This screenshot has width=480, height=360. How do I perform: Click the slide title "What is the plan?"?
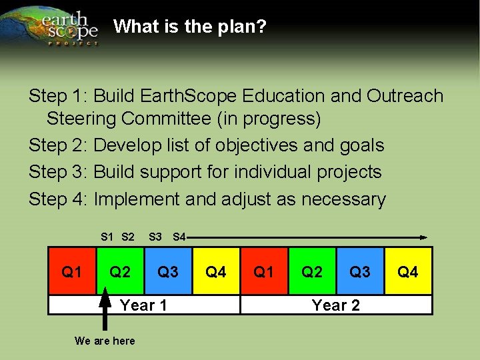[x=190, y=27]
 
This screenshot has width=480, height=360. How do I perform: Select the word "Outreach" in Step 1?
[x=405, y=96]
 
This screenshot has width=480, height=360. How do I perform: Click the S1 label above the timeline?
[x=107, y=237]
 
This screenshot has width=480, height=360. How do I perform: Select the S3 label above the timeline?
[x=155, y=237]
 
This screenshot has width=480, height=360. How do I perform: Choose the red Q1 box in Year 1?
[x=72, y=271]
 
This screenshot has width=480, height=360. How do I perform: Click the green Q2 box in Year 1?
[x=120, y=271]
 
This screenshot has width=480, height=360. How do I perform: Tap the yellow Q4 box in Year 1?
[x=216, y=271]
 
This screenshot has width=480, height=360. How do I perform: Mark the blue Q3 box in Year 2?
[x=360, y=271]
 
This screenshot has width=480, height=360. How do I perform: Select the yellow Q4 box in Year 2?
[x=408, y=271]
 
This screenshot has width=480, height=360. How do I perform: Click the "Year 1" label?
[x=143, y=305]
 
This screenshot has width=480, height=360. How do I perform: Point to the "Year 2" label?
[x=336, y=305]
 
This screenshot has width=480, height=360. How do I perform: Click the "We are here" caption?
[x=105, y=341]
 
